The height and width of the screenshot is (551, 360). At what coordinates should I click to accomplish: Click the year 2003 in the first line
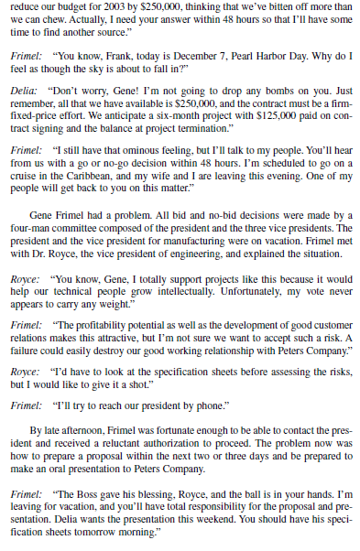point(111,8)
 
